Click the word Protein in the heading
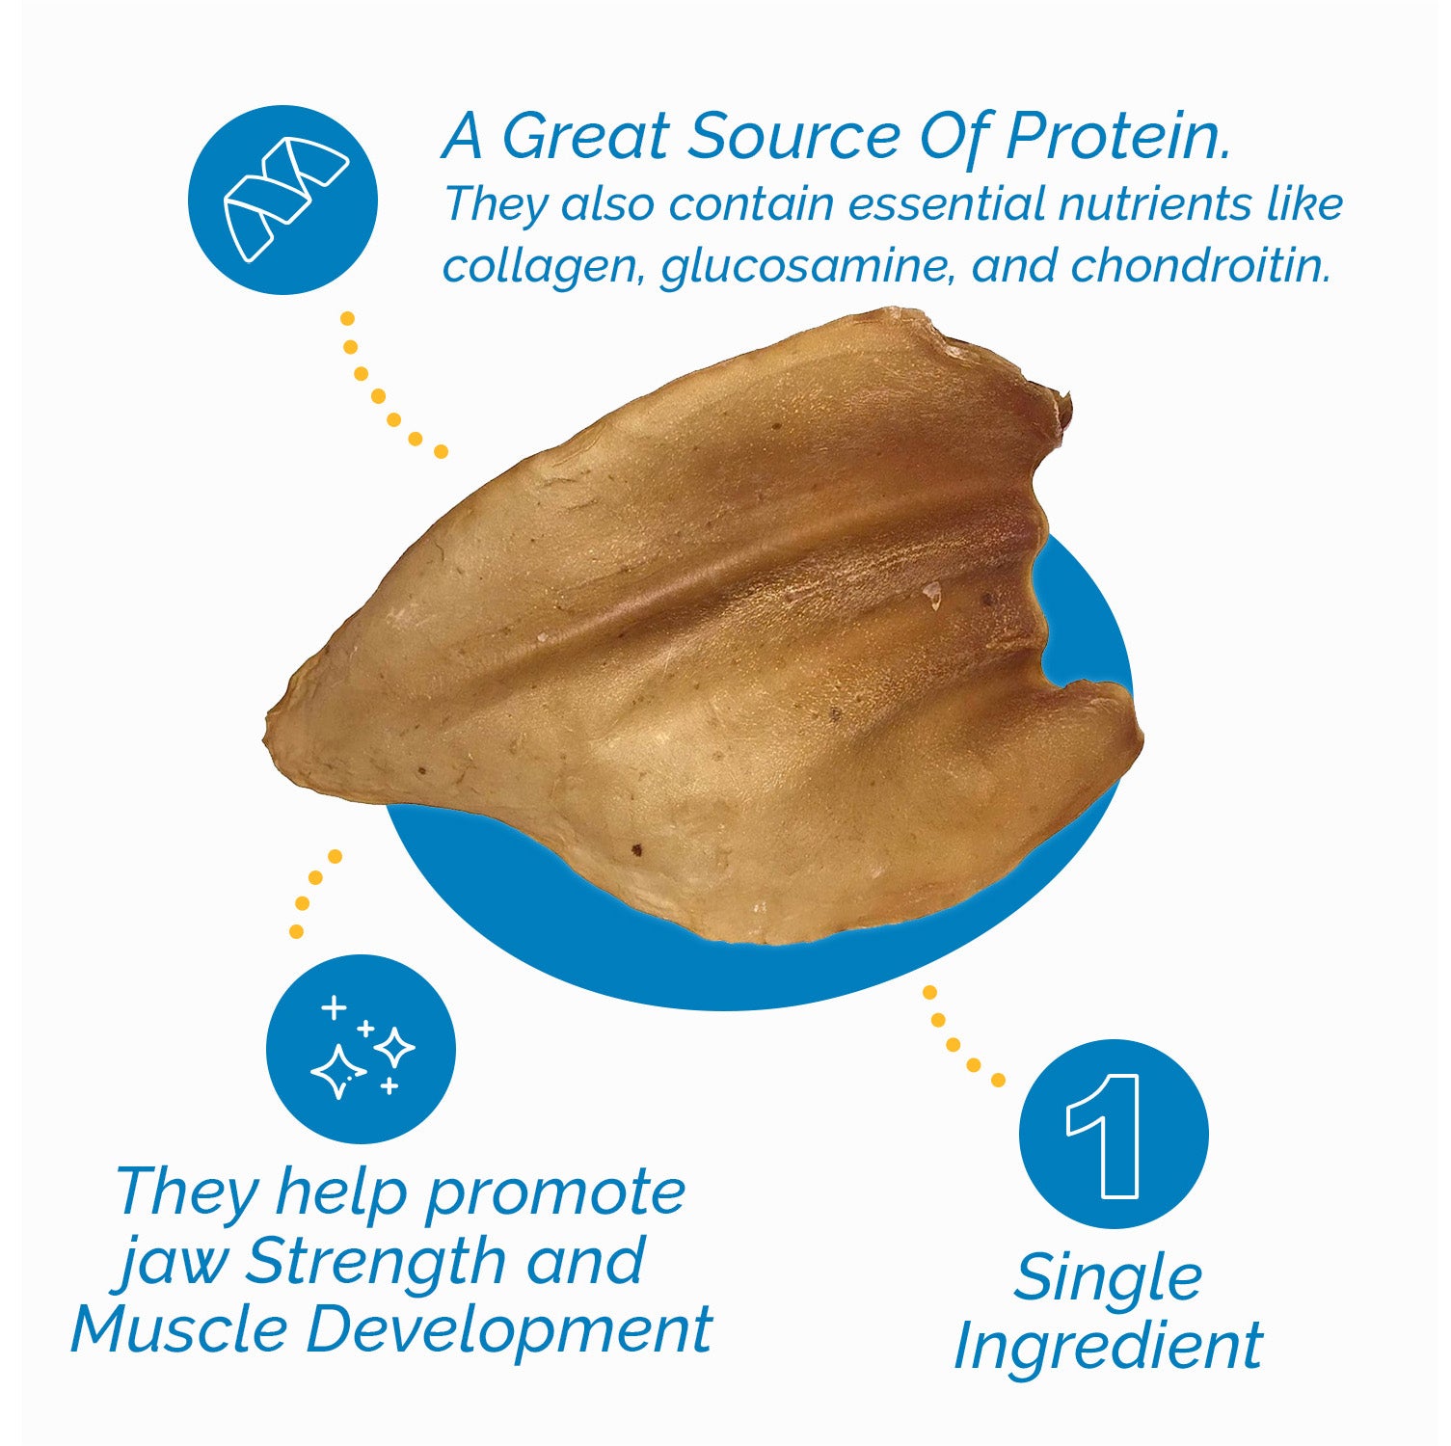tap(1118, 137)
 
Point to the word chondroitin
tap(1199, 265)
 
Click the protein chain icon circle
tap(282, 201)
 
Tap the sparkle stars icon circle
tap(361, 1049)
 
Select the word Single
tap(1108, 1278)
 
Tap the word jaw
tap(174, 1263)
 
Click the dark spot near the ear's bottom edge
tap(636, 849)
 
